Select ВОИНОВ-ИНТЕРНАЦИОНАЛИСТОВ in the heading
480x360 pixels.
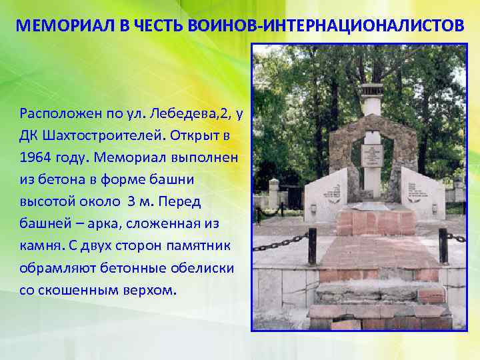pyautogui.click(x=362, y=26)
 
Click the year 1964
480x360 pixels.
pyautogui.click(x=35, y=158)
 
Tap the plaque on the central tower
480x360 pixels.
pyautogui.click(x=371, y=155)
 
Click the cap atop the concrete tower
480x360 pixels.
pyautogui.click(x=371, y=91)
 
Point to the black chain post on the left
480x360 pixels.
pyautogui.click(x=311, y=246)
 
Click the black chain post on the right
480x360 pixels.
pyautogui.click(x=443, y=245)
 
